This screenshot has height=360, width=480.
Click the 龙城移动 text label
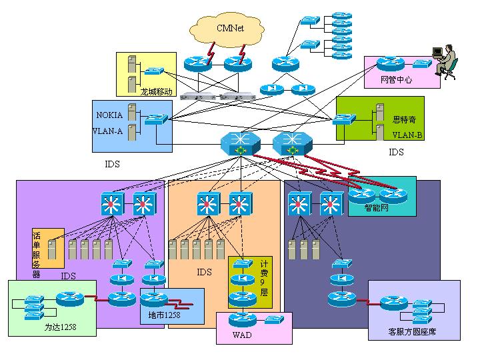157,91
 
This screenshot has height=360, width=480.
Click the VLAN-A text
107,131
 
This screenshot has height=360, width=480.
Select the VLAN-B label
407,135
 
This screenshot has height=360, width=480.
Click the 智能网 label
377,207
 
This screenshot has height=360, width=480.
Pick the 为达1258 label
61,327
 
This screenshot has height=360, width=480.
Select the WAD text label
242,335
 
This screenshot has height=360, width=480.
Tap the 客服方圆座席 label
411,331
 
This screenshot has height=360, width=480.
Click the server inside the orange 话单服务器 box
51,249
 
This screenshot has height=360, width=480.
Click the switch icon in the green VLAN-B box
344,119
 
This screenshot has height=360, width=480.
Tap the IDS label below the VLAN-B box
396,152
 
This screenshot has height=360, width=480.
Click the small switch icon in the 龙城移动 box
155,70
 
